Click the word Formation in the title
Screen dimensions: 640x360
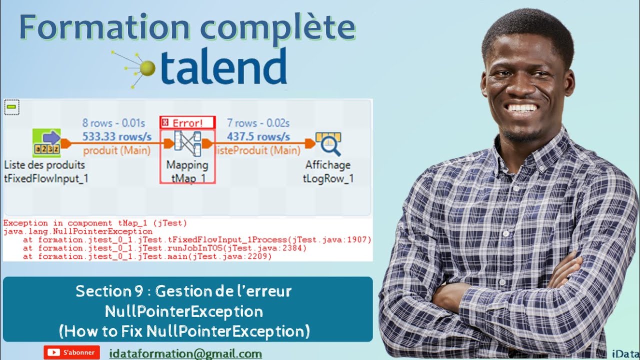(104, 27)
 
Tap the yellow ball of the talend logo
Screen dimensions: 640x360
(147, 68)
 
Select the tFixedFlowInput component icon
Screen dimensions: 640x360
(46, 143)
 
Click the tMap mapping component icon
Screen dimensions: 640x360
(187, 143)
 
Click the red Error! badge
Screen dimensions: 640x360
(187, 123)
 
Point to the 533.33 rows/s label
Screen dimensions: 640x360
(117, 136)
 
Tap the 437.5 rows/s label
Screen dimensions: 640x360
(258, 136)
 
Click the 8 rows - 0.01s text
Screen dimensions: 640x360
(113, 123)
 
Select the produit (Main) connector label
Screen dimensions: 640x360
(117, 150)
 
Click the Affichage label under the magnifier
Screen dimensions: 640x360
(327, 165)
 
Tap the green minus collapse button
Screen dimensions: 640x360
(11, 107)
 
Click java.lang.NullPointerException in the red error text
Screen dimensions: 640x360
(78, 231)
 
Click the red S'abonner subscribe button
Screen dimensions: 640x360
(71, 352)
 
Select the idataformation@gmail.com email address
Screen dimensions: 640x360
(185, 354)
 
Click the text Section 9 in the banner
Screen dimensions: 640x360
(109, 291)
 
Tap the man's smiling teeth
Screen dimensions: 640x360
(521, 108)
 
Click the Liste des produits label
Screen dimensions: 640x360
(44, 165)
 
